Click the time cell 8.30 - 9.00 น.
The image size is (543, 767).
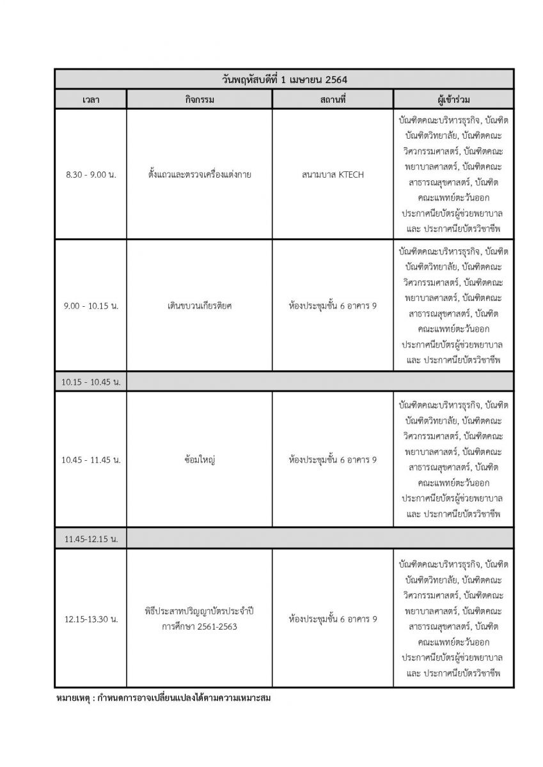pos(91,174)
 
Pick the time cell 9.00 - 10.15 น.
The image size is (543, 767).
pos(91,306)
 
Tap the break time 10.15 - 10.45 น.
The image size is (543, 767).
pos(91,382)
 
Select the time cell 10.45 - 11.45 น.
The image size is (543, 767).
pos(91,460)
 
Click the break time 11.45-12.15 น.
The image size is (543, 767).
pos(91,539)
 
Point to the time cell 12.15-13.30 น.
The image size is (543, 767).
pos(91,619)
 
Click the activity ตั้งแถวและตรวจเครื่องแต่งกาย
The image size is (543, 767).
pos(199,174)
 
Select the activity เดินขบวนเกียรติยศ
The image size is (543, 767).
pos(199,306)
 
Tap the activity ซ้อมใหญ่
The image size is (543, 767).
pos(199,460)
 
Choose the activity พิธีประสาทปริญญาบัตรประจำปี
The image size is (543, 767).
pos(199,611)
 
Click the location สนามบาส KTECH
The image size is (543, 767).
pos(333,174)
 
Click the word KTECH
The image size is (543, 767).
pos(350,174)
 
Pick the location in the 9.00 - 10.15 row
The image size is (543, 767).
pos(333,306)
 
